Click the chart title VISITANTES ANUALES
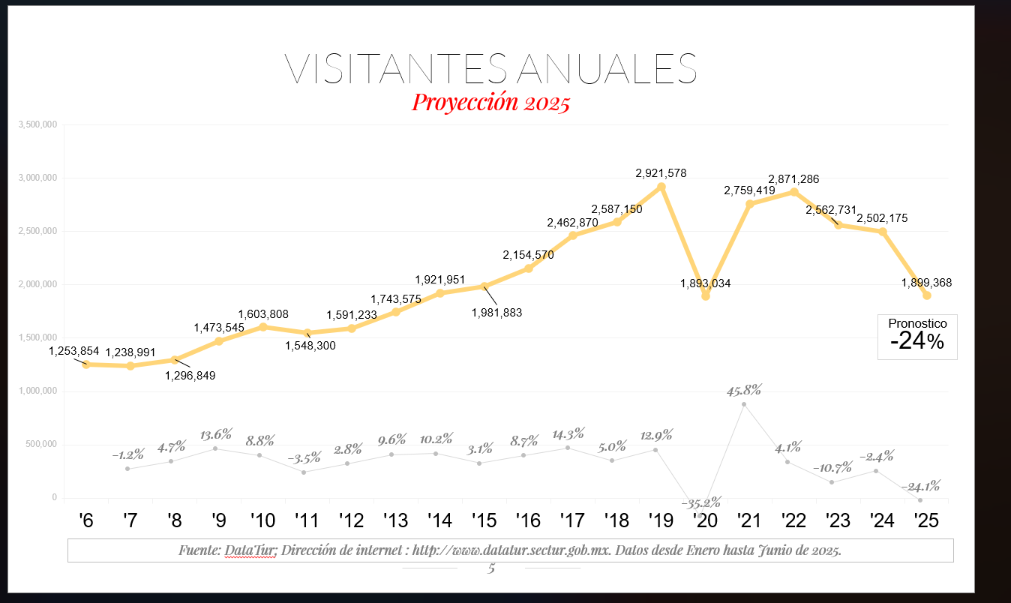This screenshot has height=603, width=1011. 491,68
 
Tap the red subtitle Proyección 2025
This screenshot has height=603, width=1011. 491,102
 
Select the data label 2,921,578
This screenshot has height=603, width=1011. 661,173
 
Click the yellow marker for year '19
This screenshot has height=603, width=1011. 661,187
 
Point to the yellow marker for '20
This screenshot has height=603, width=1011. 706,296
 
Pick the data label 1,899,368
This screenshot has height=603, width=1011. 926,283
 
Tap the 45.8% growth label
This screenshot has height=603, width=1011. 744,390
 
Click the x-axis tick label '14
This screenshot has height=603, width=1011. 439,520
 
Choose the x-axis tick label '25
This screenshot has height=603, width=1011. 927,520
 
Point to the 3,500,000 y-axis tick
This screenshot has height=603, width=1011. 37,124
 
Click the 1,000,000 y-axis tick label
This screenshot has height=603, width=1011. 37,391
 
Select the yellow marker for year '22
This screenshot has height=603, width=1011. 794,192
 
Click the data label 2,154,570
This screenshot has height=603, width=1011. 528,255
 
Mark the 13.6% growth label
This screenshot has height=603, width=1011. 216,435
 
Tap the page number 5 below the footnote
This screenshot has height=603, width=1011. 491,568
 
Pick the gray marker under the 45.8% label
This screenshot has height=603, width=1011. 744,404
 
